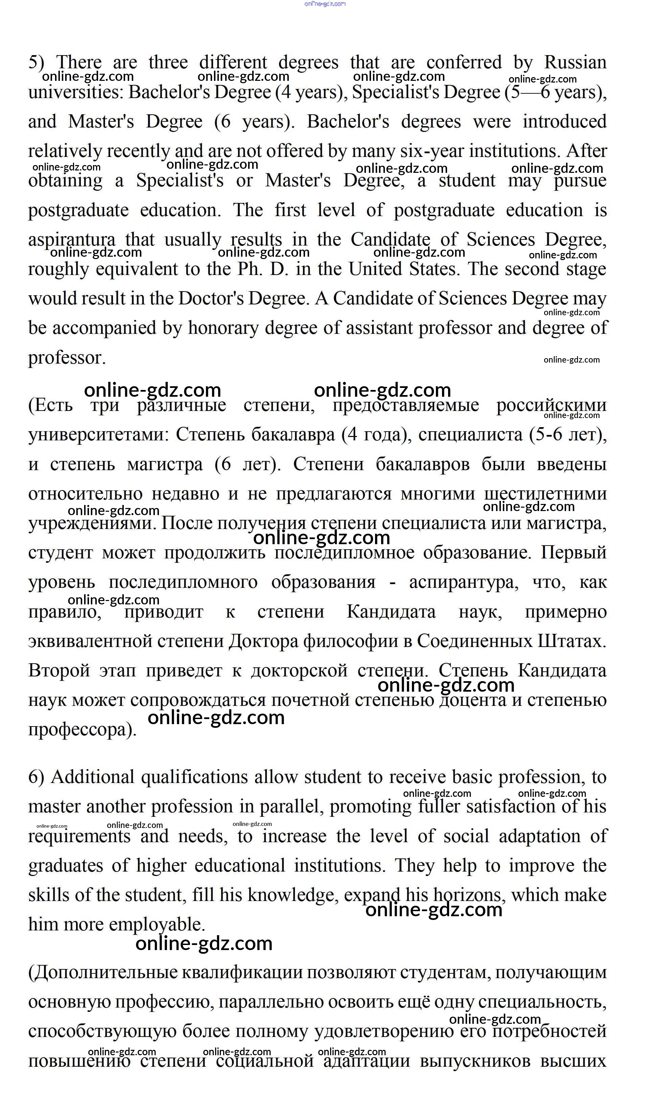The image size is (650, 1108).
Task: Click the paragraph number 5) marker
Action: coord(36,63)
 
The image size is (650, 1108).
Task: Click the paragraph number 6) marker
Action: coord(36,777)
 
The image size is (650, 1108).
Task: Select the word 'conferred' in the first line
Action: coord(464,63)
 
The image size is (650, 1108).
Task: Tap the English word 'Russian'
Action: coord(575,63)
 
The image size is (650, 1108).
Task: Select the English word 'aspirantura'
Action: coord(72,240)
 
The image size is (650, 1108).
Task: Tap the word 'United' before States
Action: coord(375,269)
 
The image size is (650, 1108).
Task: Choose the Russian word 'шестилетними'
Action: coord(545,494)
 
